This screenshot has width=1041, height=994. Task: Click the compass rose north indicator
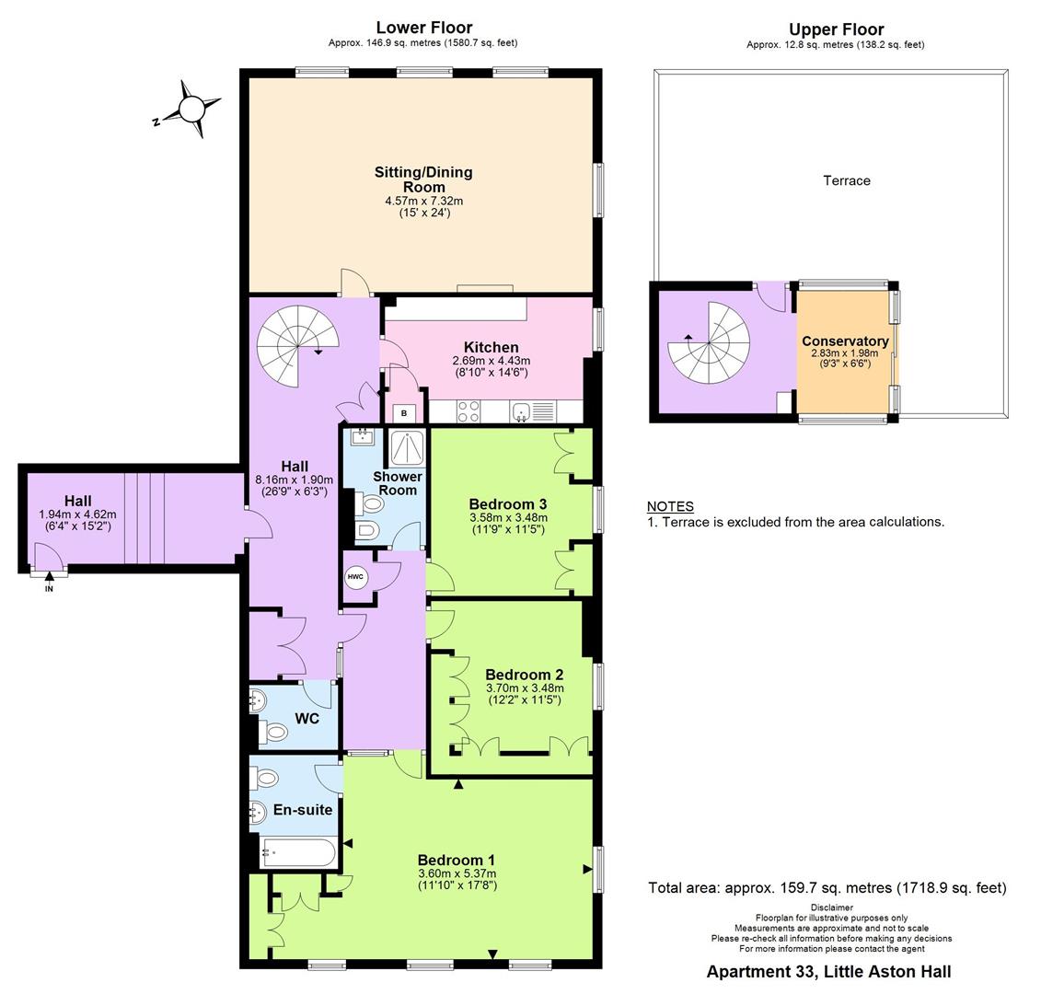coord(191,110)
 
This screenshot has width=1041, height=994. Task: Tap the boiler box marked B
coord(404,413)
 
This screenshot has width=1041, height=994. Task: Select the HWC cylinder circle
coord(355,577)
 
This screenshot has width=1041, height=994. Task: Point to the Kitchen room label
coord(492,347)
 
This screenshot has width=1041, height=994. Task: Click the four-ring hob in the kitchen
coord(468,411)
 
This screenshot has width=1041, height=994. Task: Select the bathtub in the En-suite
coord(298,852)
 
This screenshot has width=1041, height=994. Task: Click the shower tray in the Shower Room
coord(406,448)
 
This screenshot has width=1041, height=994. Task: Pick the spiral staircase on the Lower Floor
coord(297,347)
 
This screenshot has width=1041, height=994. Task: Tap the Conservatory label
coord(845,341)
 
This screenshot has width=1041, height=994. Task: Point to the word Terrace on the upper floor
coord(847,180)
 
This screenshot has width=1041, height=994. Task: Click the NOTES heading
coord(671,506)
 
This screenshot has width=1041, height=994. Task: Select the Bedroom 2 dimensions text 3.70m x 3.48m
coord(525,688)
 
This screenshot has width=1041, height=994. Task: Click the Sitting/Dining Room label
coord(423,179)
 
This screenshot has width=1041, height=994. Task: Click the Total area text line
coord(827,888)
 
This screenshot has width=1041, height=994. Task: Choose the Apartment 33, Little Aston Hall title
coord(828,971)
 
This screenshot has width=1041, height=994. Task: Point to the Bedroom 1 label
coord(457,861)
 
